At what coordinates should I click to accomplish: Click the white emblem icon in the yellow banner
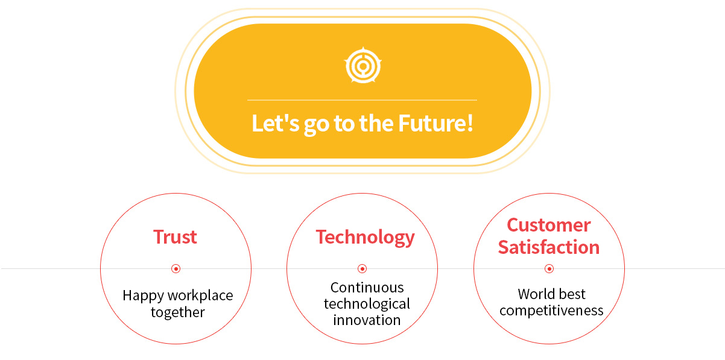coord(363,66)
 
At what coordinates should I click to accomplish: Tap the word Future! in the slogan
coord(435,124)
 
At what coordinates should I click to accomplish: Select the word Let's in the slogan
coord(276,123)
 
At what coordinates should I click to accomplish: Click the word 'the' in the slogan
coord(376,123)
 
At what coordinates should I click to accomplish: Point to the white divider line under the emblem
coord(362,100)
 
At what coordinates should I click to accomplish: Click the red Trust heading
coord(175,237)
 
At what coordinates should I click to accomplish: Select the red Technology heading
coord(365,238)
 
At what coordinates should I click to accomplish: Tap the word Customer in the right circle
coord(549,225)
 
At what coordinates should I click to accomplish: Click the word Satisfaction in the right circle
coord(549,247)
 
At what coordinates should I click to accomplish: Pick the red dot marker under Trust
coord(176,269)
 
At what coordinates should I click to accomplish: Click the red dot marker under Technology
coord(362,269)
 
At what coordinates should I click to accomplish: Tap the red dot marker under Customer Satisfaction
coord(549,269)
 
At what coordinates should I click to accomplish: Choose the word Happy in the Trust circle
coord(144,296)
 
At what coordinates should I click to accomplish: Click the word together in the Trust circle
coord(178,312)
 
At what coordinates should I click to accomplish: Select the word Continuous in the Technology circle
coord(367,288)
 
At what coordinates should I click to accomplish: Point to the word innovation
coord(367,320)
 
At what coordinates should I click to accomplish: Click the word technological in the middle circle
coord(367,305)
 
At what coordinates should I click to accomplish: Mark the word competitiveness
coord(551,311)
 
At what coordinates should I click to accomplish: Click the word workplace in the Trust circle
coord(201,296)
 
